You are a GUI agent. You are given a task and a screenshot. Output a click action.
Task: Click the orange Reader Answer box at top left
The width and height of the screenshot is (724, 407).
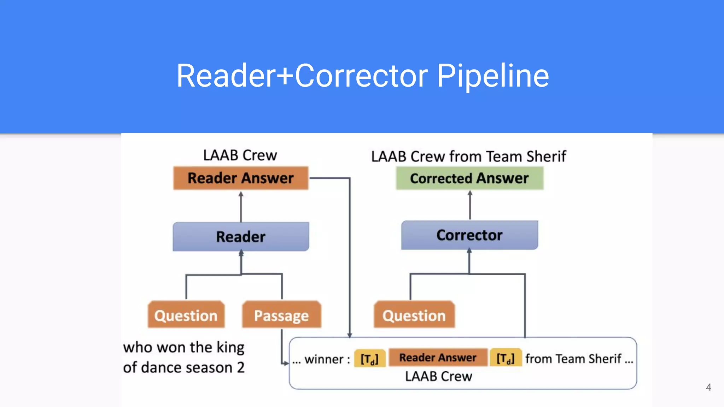tap(241, 178)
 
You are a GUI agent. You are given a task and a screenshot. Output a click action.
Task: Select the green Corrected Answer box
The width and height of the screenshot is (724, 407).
tap(469, 178)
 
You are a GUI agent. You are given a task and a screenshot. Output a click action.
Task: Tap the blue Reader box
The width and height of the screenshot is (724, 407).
tap(241, 237)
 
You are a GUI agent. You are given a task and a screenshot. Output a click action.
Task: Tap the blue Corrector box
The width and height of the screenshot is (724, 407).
tap(469, 235)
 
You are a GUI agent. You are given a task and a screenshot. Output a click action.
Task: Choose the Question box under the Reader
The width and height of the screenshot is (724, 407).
tap(186, 315)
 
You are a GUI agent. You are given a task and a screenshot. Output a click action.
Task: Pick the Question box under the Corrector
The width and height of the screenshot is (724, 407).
tap(414, 315)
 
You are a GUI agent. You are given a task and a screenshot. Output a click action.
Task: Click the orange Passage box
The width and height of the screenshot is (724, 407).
tap(281, 315)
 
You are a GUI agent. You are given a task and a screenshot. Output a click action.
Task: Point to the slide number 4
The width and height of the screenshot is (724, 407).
tap(708, 387)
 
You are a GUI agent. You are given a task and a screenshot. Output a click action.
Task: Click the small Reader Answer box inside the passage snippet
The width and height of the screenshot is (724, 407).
tap(438, 358)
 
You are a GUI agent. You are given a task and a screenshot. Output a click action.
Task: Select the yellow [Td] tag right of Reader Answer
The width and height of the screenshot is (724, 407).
tap(506, 358)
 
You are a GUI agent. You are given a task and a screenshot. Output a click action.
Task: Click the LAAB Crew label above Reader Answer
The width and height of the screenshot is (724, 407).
tap(240, 155)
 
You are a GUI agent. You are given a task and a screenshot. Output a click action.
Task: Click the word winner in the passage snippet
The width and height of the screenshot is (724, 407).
tap(324, 359)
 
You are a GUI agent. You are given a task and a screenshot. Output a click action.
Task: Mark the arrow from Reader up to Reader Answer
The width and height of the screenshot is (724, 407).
tap(241, 207)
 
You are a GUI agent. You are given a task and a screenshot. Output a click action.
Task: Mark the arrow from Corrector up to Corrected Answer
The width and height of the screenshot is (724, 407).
tap(470, 205)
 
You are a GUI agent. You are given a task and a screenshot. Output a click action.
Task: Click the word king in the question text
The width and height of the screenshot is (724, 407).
tap(230, 348)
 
